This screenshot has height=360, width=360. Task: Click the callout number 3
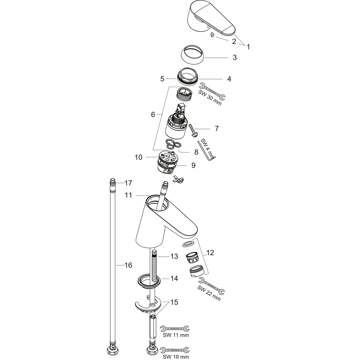234,57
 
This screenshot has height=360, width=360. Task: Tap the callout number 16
128,265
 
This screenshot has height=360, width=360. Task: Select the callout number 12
210,253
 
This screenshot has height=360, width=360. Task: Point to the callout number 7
217,129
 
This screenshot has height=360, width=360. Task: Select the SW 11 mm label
176,335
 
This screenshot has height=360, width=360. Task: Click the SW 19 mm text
176,357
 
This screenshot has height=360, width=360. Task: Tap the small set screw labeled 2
212,35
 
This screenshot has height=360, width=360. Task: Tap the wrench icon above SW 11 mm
175,328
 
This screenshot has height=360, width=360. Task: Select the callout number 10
139,157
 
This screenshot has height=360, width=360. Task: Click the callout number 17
128,183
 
